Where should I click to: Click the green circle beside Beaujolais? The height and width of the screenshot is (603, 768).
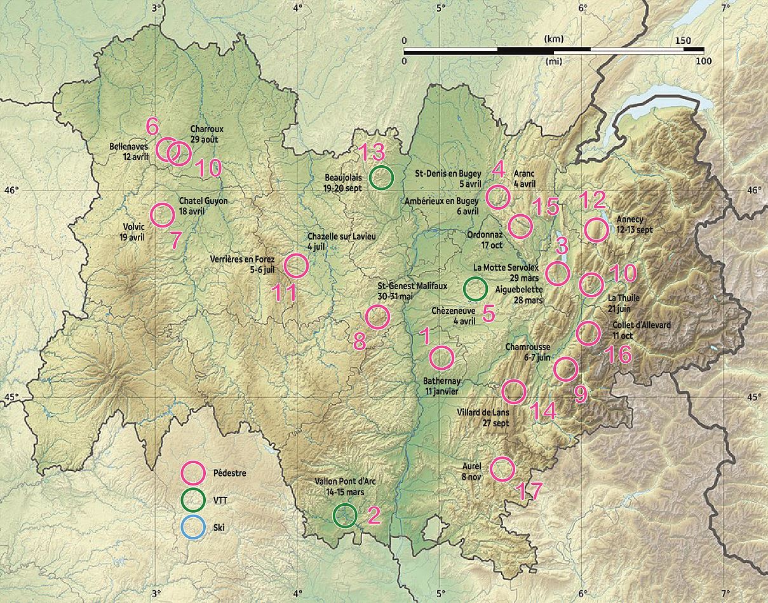[x=382, y=177]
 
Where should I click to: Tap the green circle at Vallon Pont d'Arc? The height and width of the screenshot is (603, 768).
[x=345, y=515]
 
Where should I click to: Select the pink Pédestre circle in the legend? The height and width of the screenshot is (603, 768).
[x=193, y=473]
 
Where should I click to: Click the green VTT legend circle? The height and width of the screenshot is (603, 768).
[x=193, y=501]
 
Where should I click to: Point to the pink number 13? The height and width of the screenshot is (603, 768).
[x=372, y=152]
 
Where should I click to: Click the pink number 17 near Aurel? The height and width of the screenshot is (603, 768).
[x=528, y=491]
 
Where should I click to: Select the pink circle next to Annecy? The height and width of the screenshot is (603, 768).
[x=596, y=229]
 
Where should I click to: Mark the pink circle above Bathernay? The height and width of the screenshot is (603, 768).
[x=441, y=358]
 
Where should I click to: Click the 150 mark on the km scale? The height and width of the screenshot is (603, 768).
[x=684, y=41]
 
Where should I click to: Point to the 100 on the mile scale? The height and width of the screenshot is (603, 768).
[x=703, y=61]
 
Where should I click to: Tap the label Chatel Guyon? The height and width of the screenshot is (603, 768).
[x=203, y=201]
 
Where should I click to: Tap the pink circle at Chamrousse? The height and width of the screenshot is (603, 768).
[x=565, y=369]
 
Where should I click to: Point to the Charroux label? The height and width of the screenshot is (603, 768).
[x=207, y=129]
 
